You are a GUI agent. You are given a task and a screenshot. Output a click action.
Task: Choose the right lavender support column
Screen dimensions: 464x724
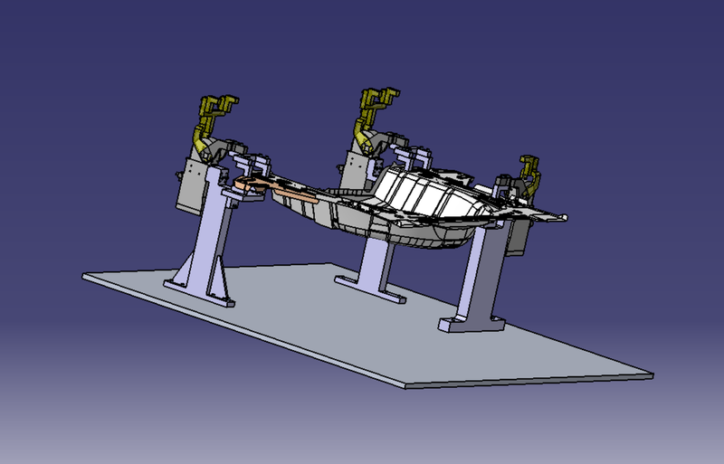[x=477, y=271]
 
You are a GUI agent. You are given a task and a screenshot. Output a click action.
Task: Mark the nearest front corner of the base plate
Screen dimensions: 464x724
[x=405, y=385]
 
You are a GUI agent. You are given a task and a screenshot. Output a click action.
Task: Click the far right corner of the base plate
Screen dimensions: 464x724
[x=650, y=372]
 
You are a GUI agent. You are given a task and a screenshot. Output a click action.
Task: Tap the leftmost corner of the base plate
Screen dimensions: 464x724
[x=84, y=275]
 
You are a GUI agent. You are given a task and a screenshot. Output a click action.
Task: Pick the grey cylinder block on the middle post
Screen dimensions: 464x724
[x=360, y=172]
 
